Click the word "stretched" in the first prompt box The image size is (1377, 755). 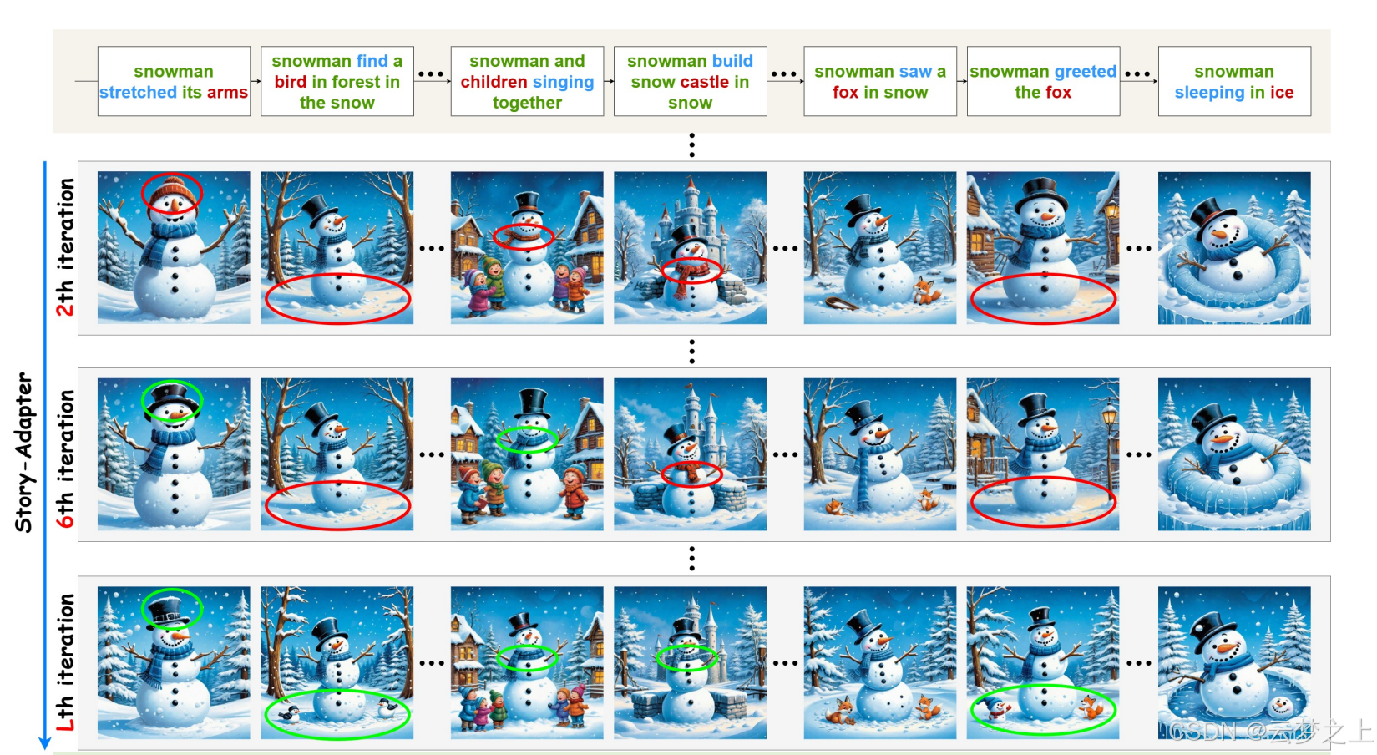coord(139,92)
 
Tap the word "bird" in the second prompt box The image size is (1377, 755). coord(291,82)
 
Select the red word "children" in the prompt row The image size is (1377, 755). coord(494,82)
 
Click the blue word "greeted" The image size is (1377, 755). coord(1085,71)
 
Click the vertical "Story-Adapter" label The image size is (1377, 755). coord(23,452)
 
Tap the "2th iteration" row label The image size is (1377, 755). coord(65,247)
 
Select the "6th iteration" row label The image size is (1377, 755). coord(65,459)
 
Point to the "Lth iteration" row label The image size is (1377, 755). coord(65,662)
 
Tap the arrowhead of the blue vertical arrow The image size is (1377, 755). coord(44,742)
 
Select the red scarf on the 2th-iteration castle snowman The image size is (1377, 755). coord(691,276)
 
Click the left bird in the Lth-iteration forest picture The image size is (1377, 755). coord(289,714)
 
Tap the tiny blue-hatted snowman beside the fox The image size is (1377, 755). coord(994,708)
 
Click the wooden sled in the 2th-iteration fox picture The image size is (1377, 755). coord(842,302)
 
